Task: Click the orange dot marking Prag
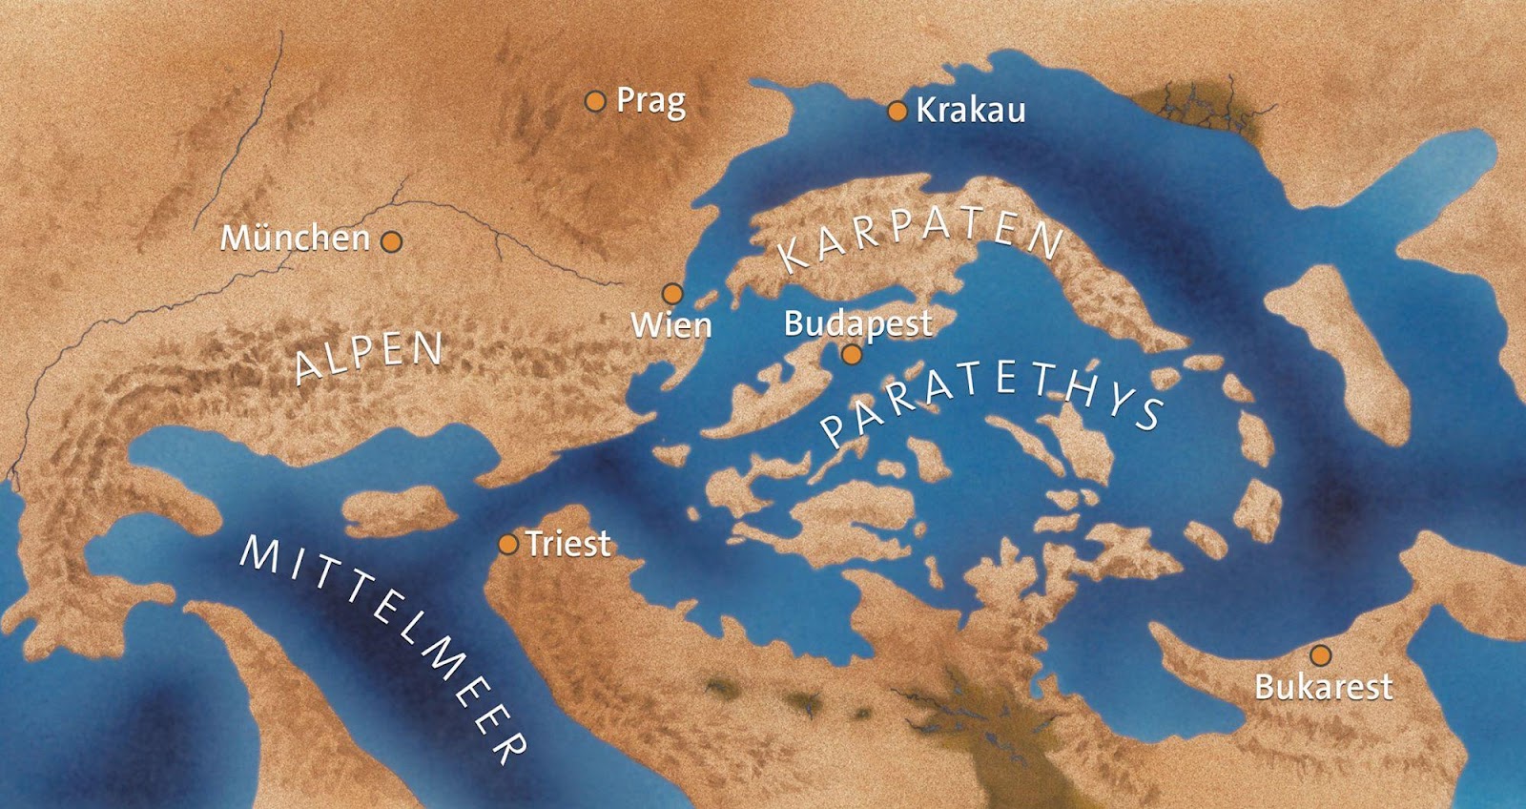coord(595,101)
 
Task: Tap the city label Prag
coord(651,101)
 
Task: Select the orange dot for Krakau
coord(897,112)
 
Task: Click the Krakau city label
coord(970,111)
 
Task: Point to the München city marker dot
coord(391,241)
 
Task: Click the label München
coord(295,238)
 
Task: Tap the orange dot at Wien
coord(672,293)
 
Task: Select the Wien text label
coord(671,325)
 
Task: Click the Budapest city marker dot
coord(852,355)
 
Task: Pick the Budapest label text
coord(857,323)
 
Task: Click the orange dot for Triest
coord(508,545)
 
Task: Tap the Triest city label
coord(568,544)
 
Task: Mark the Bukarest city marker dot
coord(1320,655)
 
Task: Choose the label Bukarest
coord(1323,687)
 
